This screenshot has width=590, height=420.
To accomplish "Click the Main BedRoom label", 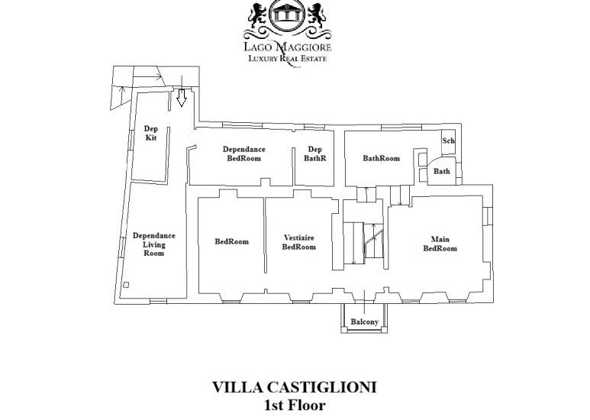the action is coord(440,244).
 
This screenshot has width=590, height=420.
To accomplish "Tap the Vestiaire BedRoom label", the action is coord(299,242).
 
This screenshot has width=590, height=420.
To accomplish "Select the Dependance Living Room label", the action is coord(154,244).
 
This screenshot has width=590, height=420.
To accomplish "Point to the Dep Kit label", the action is coord(151,133).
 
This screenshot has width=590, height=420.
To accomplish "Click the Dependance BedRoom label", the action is coord(243,153).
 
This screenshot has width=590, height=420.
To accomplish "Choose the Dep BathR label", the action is coord(315,153).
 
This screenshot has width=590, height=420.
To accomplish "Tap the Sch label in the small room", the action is coord(449,141).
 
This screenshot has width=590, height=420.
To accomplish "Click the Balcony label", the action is coord(364,321).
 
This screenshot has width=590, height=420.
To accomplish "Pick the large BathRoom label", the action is coord(381,158).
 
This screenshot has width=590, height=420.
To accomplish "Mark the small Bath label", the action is coord(442,171).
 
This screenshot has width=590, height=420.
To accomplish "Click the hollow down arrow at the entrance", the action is coord(182,98).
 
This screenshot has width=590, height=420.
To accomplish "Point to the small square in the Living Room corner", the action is coord(126,285).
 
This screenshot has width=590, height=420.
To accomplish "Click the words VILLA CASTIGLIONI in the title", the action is coord(295,387).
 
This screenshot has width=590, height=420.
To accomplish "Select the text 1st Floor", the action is coord(295,405).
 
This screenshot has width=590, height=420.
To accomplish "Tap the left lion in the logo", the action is coord(257,15).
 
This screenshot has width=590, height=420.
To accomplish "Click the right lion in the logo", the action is coord(318,15).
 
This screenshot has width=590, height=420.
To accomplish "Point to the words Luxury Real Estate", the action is coord(288,58).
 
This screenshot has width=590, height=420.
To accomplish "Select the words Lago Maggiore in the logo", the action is coord(288,47).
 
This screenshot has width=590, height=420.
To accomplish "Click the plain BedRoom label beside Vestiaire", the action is coord(232,241).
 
